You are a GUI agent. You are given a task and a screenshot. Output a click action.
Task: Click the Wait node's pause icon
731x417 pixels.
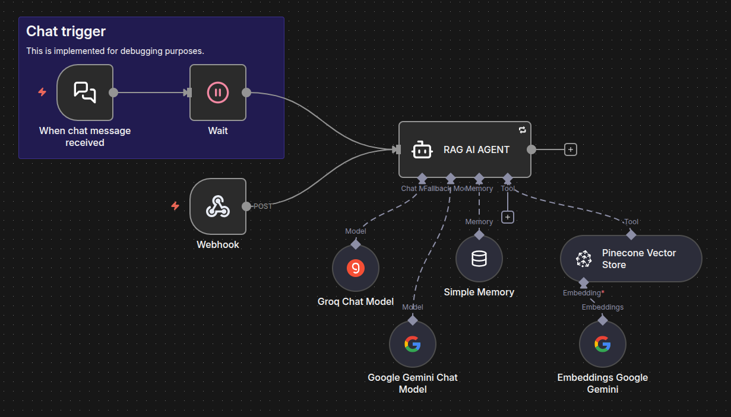[x=217, y=93]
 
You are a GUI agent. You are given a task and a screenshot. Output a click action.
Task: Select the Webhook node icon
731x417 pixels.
[x=217, y=206]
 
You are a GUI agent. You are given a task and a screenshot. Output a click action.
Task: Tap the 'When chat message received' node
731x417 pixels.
[x=85, y=93]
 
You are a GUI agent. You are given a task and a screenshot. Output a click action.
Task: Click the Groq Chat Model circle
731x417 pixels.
[x=356, y=268]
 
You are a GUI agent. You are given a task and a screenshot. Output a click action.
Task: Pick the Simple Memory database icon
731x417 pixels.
[x=479, y=259]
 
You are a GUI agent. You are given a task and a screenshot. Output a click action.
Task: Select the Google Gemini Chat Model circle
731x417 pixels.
[x=413, y=344]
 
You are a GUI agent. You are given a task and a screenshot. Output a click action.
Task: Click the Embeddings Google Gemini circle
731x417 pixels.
[x=602, y=344]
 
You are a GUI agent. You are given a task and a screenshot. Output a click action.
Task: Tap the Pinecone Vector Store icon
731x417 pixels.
[x=584, y=259]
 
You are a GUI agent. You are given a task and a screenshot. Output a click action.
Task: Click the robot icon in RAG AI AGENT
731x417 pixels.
[x=422, y=150]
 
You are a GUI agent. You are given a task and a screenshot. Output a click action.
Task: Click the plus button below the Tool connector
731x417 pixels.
[x=507, y=217]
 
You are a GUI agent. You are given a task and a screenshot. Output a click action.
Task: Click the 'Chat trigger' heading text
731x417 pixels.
[x=66, y=31]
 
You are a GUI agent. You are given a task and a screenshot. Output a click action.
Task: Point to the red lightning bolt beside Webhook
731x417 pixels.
[x=175, y=206]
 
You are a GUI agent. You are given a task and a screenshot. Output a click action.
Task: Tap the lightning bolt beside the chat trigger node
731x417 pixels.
[x=42, y=92]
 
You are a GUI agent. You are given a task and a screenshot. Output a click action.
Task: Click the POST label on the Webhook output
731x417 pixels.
[x=263, y=206]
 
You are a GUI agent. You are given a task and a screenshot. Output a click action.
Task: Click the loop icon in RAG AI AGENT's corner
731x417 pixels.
[x=522, y=129]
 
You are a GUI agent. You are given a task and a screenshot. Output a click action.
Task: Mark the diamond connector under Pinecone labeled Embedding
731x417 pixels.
[x=584, y=282]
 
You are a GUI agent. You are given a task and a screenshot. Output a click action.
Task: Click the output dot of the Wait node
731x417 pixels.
[x=246, y=93]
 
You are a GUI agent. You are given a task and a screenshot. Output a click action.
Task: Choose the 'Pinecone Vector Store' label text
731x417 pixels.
[x=638, y=259]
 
